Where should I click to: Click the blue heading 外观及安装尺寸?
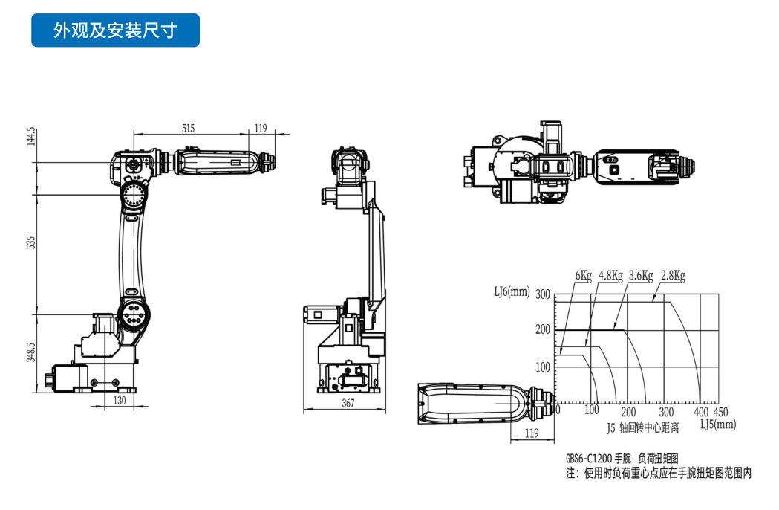(x=115, y=30)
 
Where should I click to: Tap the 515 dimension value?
(x=188, y=129)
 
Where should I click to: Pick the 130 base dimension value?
(x=119, y=400)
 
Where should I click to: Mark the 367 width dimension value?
(x=348, y=404)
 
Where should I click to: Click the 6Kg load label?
(x=583, y=276)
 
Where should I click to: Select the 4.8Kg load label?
(x=611, y=276)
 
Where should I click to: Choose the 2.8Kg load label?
(x=673, y=276)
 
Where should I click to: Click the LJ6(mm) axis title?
(x=512, y=292)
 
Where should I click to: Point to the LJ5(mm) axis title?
(x=718, y=424)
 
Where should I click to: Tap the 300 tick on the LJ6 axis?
(x=542, y=295)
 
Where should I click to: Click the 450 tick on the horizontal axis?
(x=720, y=412)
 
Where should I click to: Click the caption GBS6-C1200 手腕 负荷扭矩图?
(x=622, y=459)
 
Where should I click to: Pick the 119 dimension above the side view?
(x=260, y=129)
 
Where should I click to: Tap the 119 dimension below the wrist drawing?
(x=531, y=433)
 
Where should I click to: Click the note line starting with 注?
(x=658, y=473)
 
